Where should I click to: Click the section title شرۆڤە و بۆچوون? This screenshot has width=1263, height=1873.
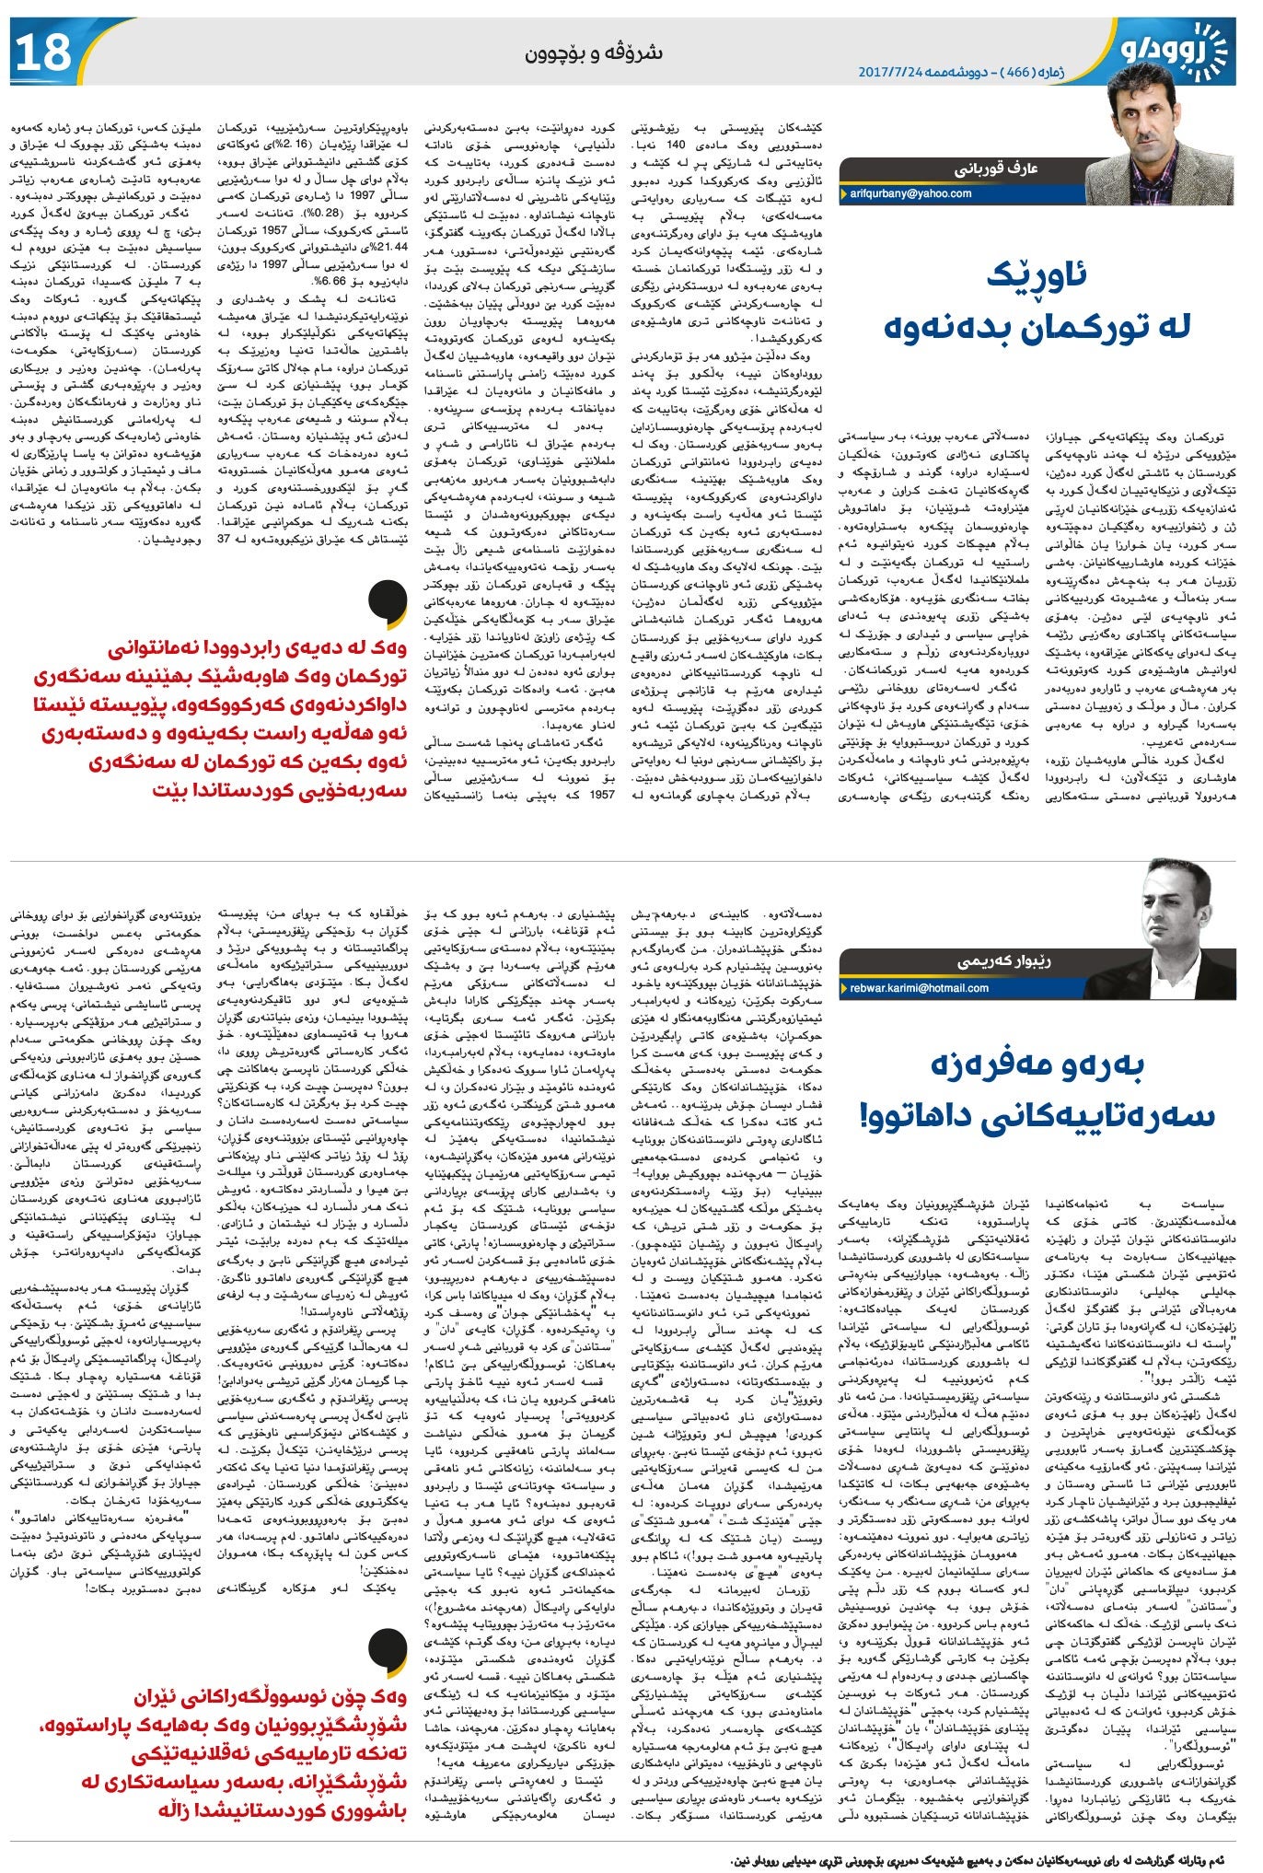(x=594, y=53)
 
